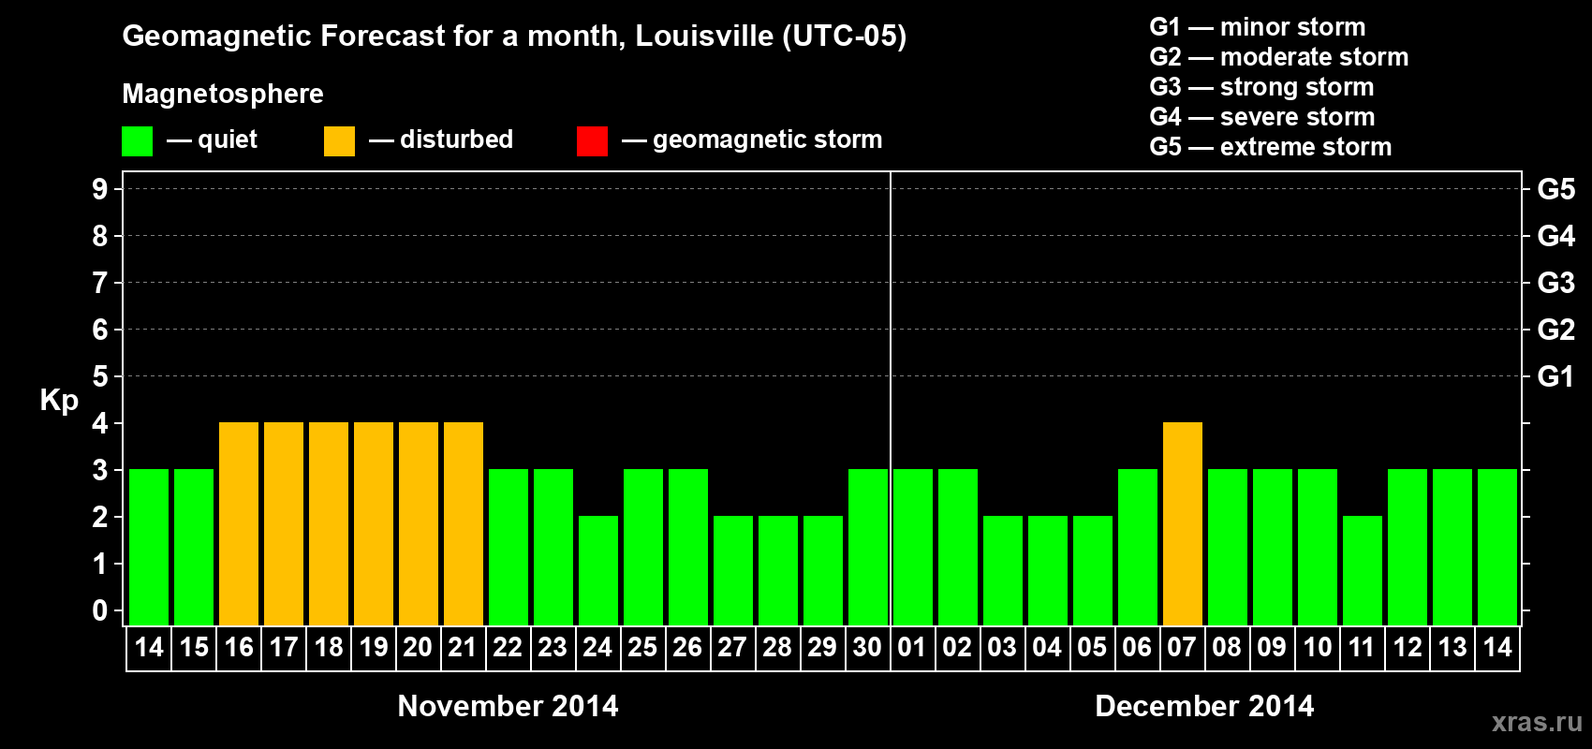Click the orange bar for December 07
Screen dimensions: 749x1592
pos(1182,523)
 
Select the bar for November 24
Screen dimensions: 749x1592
pos(597,570)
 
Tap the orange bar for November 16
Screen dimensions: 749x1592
pos(239,523)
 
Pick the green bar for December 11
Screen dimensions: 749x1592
pos(1362,570)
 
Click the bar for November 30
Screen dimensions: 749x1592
pos(867,547)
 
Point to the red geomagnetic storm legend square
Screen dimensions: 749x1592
pos(592,141)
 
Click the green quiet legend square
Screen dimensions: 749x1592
pos(137,141)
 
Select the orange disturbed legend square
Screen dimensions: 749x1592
pos(339,141)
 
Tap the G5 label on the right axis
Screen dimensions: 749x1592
pos(1555,189)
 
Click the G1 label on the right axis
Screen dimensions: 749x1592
pos(1555,376)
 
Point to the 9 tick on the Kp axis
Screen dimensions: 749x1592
pos(99,189)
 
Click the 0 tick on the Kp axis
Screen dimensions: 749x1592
pos(99,610)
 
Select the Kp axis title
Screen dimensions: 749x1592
pos(59,400)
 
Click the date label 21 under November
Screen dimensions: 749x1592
pos(463,647)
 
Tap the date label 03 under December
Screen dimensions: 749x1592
pos(1001,647)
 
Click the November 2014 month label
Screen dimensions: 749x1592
pos(508,706)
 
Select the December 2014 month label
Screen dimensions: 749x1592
pos(1204,706)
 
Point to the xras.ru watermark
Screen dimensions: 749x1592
pos(1537,721)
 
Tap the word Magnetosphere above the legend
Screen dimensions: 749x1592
pos(223,94)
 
